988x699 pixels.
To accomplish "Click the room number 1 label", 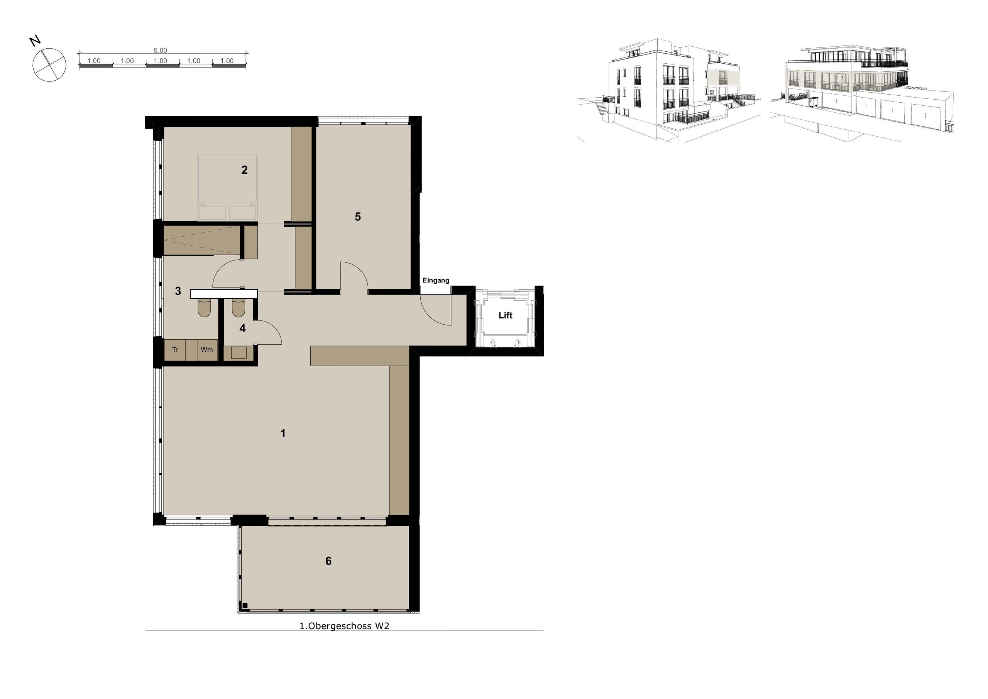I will click(283, 433).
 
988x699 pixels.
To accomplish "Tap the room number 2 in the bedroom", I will click(244, 170).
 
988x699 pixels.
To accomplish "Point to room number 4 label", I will click(243, 328).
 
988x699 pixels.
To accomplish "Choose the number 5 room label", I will click(358, 217).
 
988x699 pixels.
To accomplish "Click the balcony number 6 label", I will click(328, 561).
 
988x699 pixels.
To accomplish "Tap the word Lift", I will click(505, 315).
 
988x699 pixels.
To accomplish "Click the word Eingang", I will click(435, 280).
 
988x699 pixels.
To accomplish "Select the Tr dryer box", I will click(175, 350).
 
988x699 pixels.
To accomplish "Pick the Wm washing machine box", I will click(206, 350).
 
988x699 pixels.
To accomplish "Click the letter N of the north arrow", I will click(35, 41).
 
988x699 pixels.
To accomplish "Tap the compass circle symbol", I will click(49, 64).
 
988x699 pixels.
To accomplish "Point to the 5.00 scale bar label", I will click(160, 50).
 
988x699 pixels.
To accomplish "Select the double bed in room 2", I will click(227, 188).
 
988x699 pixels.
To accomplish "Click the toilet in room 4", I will click(239, 308).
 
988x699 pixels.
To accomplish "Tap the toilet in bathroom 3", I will click(205, 308).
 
